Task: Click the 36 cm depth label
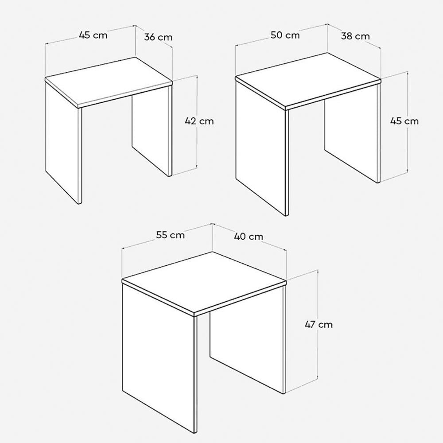pyautogui.click(x=158, y=37)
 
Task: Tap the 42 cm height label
pyautogui.click(x=199, y=121)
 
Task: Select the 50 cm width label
pyautogui.click(x=285, y=35)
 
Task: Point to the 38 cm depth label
pyautogui.click(x=355, y=36)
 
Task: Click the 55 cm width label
pyautogui.click(x=171, y=235)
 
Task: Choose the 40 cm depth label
pyautogui.click(x=249, y=236)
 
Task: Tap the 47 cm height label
pyautogui.click(x=319, y=325)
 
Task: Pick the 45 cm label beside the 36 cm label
pyautogui.click(x=93, y=35)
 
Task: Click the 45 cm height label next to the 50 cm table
pyautogui.click(x=404, y=121)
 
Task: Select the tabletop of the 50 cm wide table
pyautogui.click(x=308, y=79)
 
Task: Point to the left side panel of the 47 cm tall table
pyautogui.click(x=158, y=359)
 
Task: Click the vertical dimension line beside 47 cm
pyautogui.click(x=318, y=325)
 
